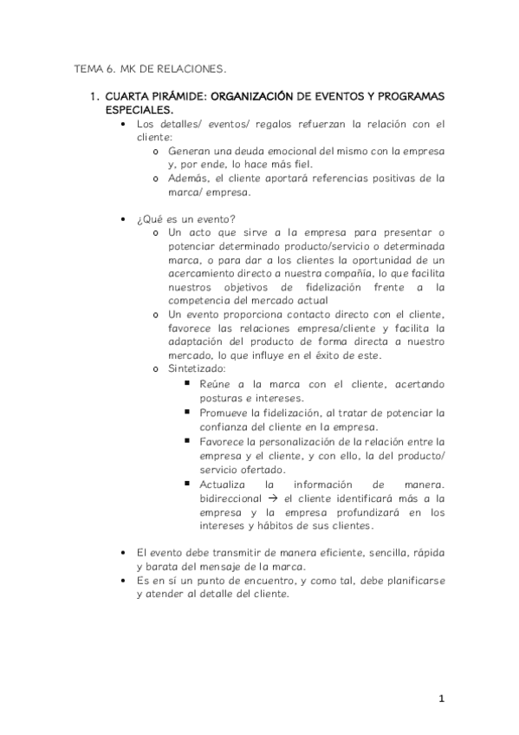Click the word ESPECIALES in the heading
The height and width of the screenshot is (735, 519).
pyautogui.click(x=139, y=111)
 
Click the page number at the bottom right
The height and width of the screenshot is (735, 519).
pyautogui.click(x=441, y=699)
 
